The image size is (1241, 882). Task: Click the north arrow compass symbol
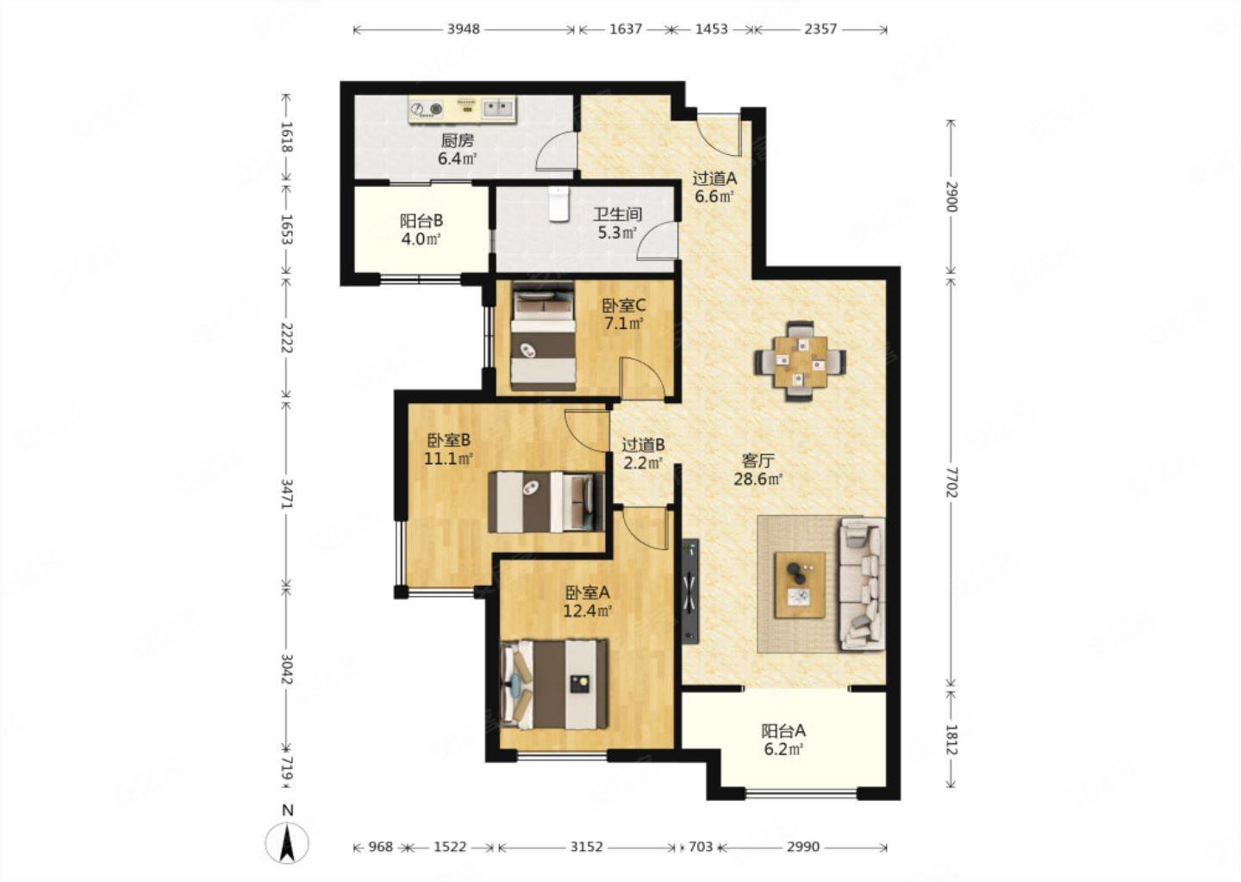point(287,844)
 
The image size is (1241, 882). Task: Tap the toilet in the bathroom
point(558,204)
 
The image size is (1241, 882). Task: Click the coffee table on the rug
point(800,585)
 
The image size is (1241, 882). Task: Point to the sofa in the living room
point(862,584)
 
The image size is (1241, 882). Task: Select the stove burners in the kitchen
point(426,109)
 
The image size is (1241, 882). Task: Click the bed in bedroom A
point(554,685)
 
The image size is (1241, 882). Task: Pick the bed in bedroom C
point(543,336)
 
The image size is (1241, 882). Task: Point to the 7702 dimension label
point(951,481)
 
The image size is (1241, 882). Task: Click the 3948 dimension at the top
point(464,28)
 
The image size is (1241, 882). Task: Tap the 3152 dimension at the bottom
point(587,848)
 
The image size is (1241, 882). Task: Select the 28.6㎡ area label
point(758,479)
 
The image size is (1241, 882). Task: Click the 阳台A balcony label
point(783,731)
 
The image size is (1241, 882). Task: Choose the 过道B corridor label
point(643,444)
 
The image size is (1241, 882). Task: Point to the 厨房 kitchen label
point(458,140)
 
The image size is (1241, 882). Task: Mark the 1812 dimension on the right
point(951,740)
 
